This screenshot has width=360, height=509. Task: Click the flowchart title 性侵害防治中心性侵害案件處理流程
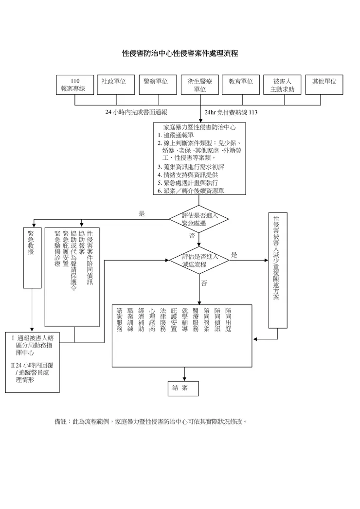(180, 53)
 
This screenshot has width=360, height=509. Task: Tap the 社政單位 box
(114, 85)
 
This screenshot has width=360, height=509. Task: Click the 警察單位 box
(156, 85)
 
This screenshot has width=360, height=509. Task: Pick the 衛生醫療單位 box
(199, 85)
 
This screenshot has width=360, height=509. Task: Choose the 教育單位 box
(241, 85)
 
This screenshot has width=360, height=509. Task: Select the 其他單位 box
(324, 85)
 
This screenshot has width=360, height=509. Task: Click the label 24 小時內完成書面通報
(136, 112)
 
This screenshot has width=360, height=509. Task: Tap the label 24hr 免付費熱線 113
(231, 112)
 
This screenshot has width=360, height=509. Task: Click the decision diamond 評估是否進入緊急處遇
(199, 219)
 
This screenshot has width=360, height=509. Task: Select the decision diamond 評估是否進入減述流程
(199, 261)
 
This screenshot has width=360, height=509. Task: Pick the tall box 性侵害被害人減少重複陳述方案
(277, 270)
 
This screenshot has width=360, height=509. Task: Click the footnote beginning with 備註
(151, 422)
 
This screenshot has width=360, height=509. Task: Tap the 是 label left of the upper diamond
(142, 213)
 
